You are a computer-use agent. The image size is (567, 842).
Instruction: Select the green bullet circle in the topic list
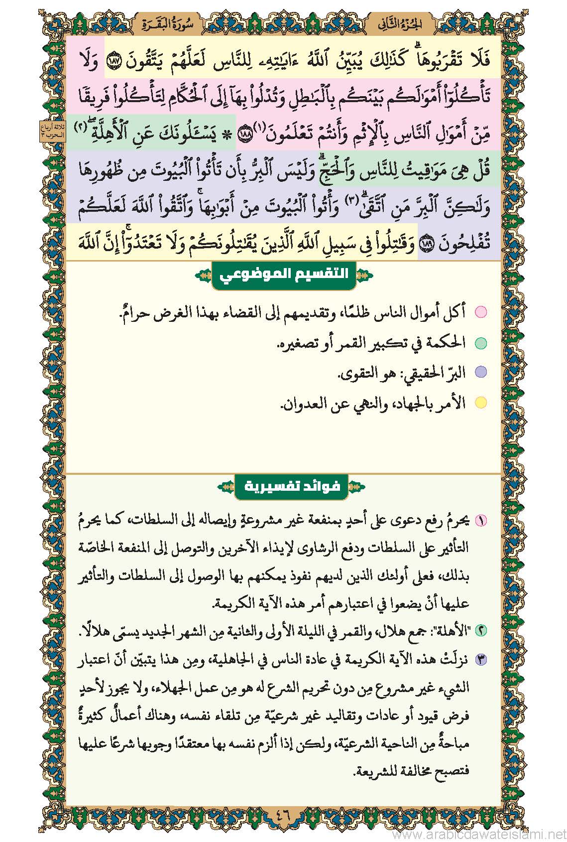(480, 343)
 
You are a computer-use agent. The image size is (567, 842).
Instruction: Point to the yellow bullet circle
(480, 403)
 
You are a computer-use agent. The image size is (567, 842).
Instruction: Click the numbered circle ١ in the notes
(481, 521)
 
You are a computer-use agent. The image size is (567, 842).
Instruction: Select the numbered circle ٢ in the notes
(481, 630)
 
